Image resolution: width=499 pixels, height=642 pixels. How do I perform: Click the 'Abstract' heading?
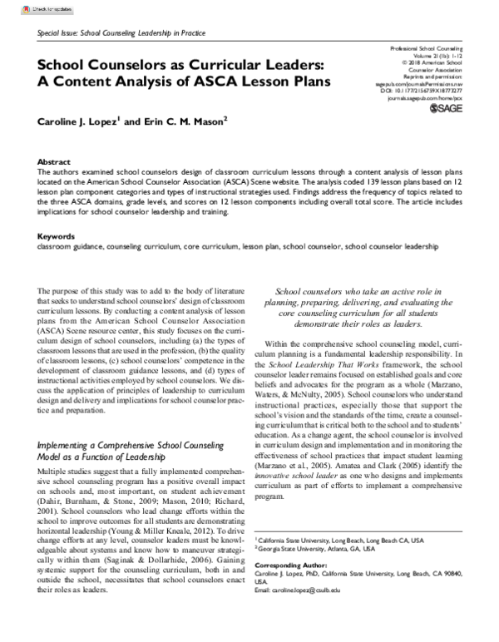click(x=53, y=161)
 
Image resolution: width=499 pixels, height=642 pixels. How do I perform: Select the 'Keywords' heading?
click(x=56, y=213)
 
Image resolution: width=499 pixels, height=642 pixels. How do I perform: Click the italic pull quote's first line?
click(x=363, y=291)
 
